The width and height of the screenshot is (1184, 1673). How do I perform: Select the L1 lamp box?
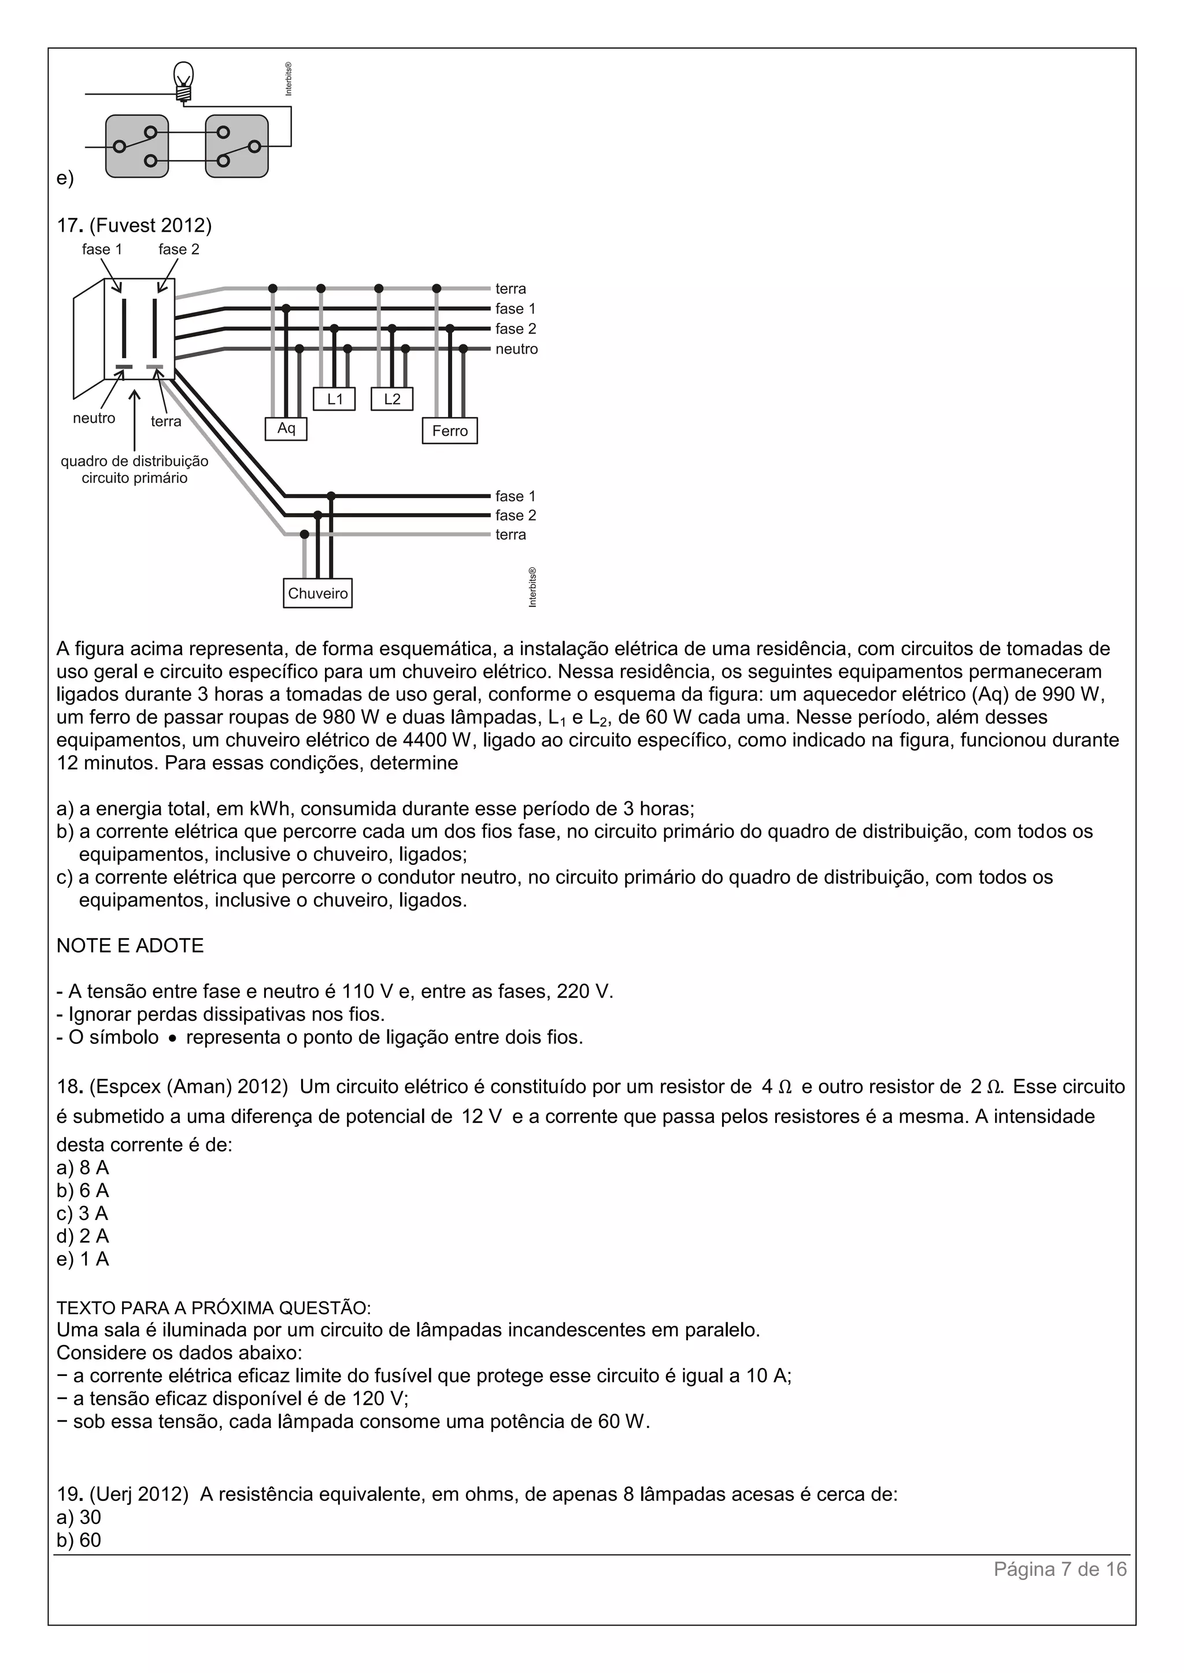[x=335, y=399]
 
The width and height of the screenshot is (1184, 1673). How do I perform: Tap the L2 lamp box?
[x=391, y=399]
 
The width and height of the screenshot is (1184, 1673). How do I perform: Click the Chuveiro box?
[x=317, y=593]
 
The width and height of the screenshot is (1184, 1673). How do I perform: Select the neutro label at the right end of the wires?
[x=516, y=349]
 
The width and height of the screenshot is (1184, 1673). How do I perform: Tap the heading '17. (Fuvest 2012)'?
[x=134, y=225]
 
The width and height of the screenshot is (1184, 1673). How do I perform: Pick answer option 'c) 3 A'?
[x=83, y=1213]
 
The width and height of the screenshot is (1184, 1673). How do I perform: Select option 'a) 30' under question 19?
[x=79, y=1517]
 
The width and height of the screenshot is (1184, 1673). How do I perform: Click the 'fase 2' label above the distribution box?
[x=179, y=249]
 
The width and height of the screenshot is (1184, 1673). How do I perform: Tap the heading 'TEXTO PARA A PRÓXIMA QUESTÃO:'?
[x=213, y=1307]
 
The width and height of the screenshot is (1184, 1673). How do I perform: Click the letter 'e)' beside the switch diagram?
[x=65, y=178]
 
